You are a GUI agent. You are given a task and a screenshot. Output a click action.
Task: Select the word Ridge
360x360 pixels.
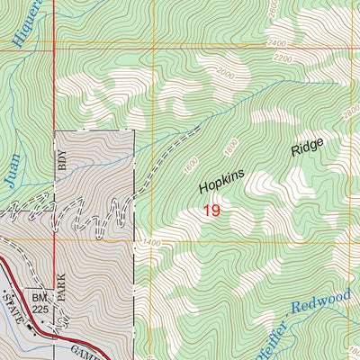[306, 148]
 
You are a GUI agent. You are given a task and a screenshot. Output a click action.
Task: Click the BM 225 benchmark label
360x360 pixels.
[39, 301]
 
